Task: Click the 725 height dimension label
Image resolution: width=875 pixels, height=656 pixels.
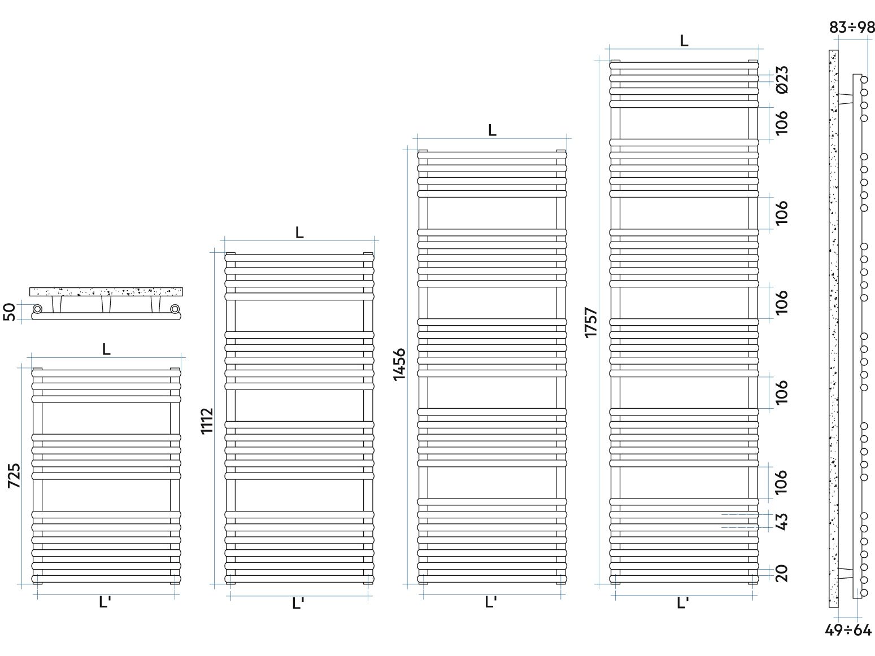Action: pos(14,475)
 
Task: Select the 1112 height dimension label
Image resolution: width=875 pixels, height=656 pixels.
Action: pos(207,421)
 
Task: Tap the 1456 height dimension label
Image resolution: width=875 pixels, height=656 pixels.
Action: pos(399,365)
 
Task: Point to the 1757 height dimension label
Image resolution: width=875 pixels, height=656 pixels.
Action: pos(591,322)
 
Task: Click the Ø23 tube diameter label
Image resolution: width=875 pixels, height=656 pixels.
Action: pos(782,80)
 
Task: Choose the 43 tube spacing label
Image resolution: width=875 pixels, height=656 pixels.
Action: pos(782,522)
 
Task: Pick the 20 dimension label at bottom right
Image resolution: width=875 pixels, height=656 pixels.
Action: pos(782,573)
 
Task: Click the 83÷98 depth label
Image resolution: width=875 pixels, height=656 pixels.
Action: pos(851,28)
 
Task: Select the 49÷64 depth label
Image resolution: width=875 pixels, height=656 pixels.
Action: pos(848,630)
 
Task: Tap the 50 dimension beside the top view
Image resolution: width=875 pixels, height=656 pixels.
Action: pos(9,312)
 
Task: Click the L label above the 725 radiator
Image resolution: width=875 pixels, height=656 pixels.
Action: pos(106,349)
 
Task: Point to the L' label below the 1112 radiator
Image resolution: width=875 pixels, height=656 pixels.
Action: pos(298,603)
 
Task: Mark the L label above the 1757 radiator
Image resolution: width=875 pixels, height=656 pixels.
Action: pos(684,41)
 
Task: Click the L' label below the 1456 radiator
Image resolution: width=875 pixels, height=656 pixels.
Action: pos(491,602)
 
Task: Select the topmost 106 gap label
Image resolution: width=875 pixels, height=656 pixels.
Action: pos(782,123)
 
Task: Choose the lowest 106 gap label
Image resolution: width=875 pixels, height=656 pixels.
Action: pos(782,482)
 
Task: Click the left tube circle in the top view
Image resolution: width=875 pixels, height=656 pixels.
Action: pos(37,309)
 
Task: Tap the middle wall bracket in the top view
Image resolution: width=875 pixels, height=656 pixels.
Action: pos(106,304)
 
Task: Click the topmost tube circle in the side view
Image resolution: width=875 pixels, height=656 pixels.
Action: pos(864,80)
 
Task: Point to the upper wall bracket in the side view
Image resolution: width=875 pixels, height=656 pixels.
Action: pos(845,99)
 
